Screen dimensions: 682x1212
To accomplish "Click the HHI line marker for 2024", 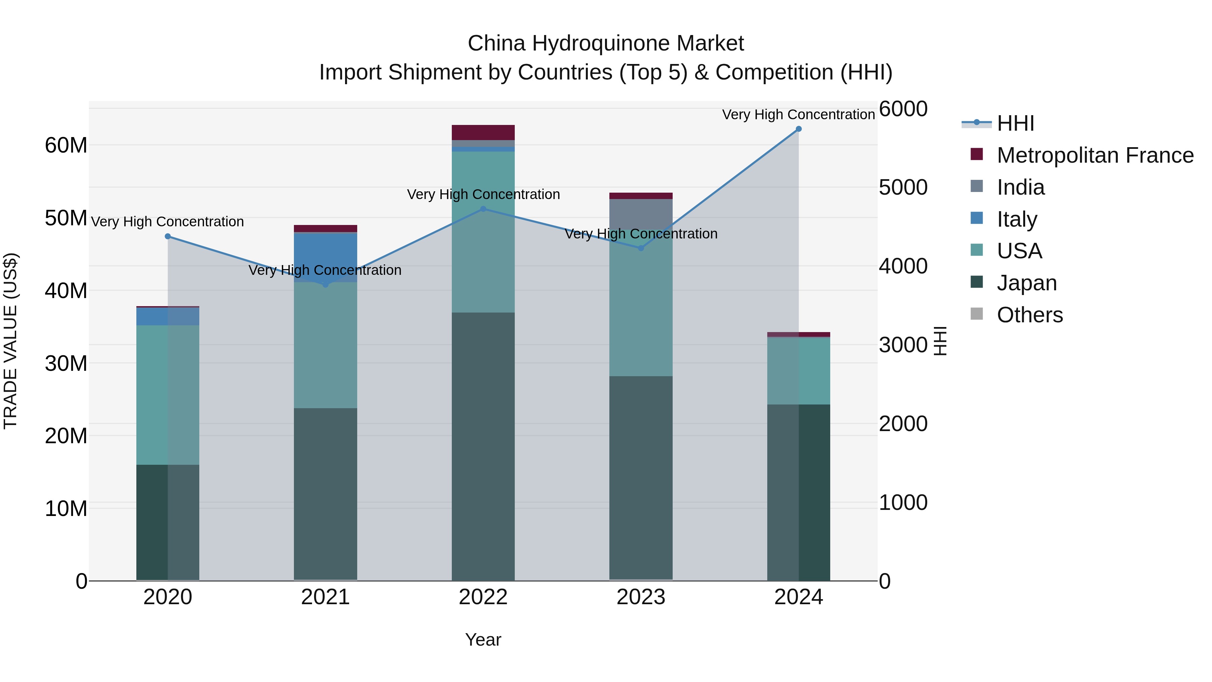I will (x=799, y=129).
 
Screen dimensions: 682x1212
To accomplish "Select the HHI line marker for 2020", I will (x=168, y=236).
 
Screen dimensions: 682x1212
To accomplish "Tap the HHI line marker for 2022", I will (x=483, y=209).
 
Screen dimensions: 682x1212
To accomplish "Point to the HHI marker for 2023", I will (x=641, y=248).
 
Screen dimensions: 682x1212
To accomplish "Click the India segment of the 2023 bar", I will (x=641, y=214).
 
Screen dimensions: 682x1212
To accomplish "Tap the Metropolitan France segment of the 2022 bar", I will (x=483, y=132).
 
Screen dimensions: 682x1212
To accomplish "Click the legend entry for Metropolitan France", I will (x=1095, y=155).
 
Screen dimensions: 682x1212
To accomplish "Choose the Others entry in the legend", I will (x=1030, y=315).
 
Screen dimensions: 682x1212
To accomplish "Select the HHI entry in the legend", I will (x=1015, y=123).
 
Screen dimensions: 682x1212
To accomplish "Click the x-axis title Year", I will (x=483, y=640).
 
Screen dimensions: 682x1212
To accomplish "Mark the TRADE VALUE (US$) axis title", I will (x=10, y=341).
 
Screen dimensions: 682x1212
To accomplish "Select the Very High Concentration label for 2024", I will (x=799, y=115).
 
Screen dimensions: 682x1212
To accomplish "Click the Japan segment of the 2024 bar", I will (x=799, y=492).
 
